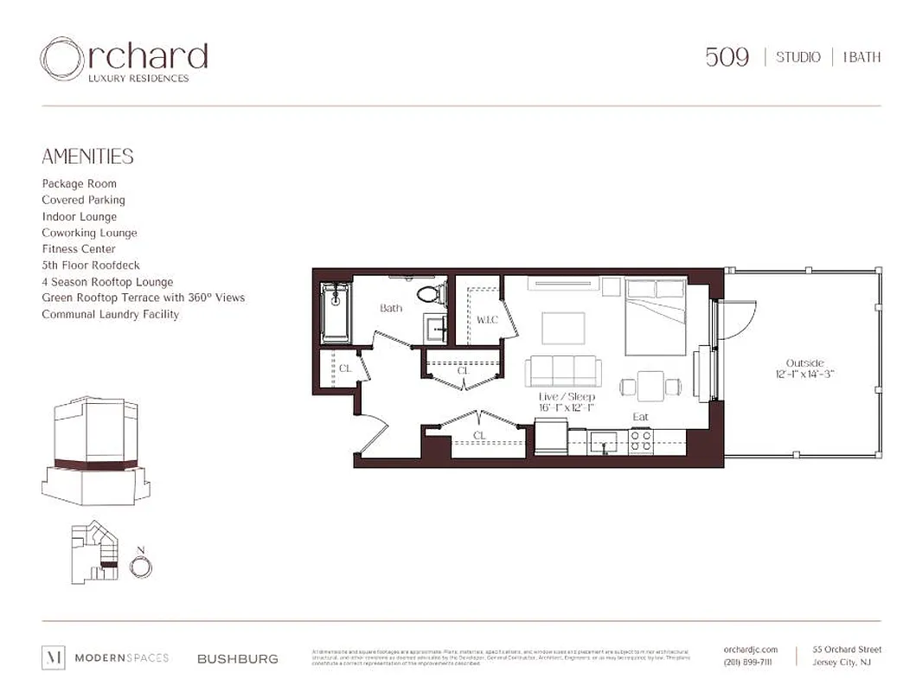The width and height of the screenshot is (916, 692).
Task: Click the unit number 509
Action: [727, 57]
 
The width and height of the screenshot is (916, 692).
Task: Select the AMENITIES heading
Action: [87, 157]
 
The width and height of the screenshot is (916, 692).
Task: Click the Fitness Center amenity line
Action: [79, 249]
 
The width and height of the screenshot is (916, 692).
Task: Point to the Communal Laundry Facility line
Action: [111, 314]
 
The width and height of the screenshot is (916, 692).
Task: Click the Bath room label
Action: [391, 308]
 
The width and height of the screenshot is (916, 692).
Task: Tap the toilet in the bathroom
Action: [428, 294]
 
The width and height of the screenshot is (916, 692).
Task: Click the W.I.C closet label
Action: [487, 320]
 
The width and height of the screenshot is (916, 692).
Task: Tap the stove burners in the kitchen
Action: [641, 440]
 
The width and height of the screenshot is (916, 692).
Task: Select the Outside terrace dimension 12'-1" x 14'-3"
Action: [804, 374]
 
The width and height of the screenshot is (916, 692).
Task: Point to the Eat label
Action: [640, 417]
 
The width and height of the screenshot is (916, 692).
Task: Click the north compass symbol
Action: [140, 567]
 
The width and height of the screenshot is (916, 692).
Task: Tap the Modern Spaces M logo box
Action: [53, 657]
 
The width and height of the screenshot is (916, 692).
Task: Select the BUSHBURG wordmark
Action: [238, 658]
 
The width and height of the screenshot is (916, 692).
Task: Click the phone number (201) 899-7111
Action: [748, 663]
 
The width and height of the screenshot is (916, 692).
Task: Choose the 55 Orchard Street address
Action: [847, 650]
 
